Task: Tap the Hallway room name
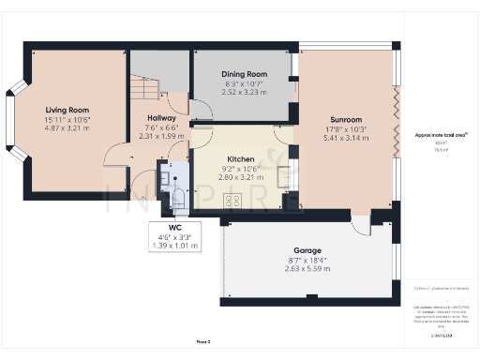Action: tap(161, 118)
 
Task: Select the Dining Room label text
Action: tap(245, 73)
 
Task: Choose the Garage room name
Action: tap(307, 250)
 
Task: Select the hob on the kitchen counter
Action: tap(232, 200)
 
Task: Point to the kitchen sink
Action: tap(284, 174)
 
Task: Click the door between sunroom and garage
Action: tap(359, 226)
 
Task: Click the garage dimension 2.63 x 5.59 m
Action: tap(307, 269)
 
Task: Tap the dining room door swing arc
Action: tap(202, 110)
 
